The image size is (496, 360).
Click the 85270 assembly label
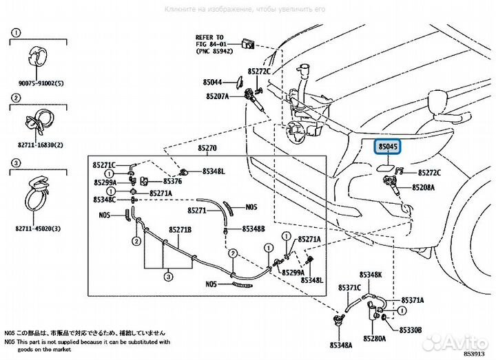pos(207,147)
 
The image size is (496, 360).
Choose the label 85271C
pos(105,167)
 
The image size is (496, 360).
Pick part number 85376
pos(172,182)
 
